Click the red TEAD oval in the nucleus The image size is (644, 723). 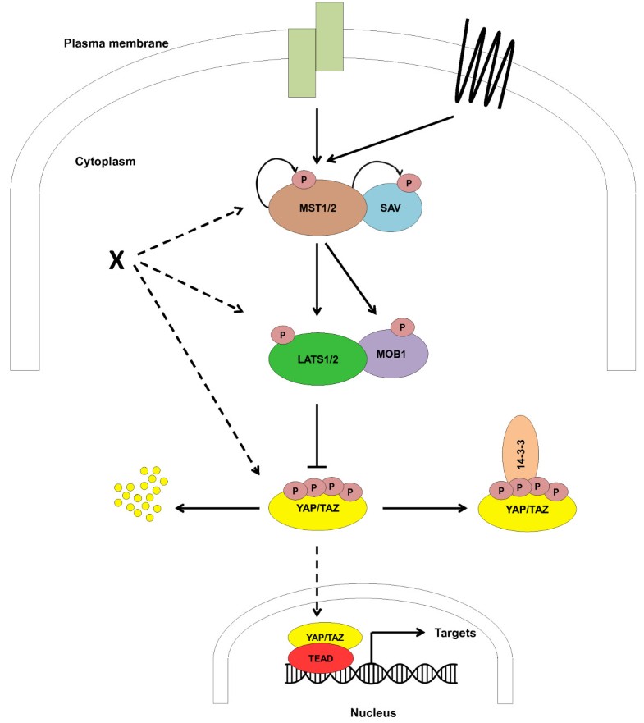coord(321,658)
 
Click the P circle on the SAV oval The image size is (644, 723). coord(409,181)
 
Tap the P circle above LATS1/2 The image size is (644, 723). coord(283,335)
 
